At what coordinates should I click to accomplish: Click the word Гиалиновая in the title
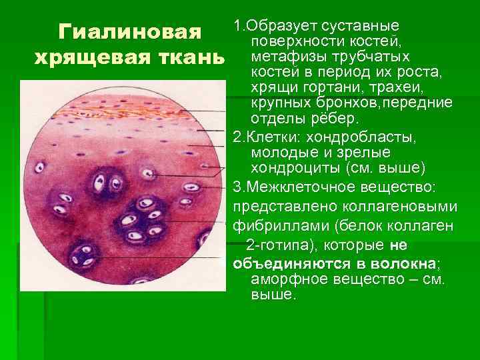tap(129, 32)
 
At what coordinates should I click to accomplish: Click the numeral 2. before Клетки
tap(237, 136)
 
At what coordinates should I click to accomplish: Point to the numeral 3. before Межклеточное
tap(239, 183)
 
